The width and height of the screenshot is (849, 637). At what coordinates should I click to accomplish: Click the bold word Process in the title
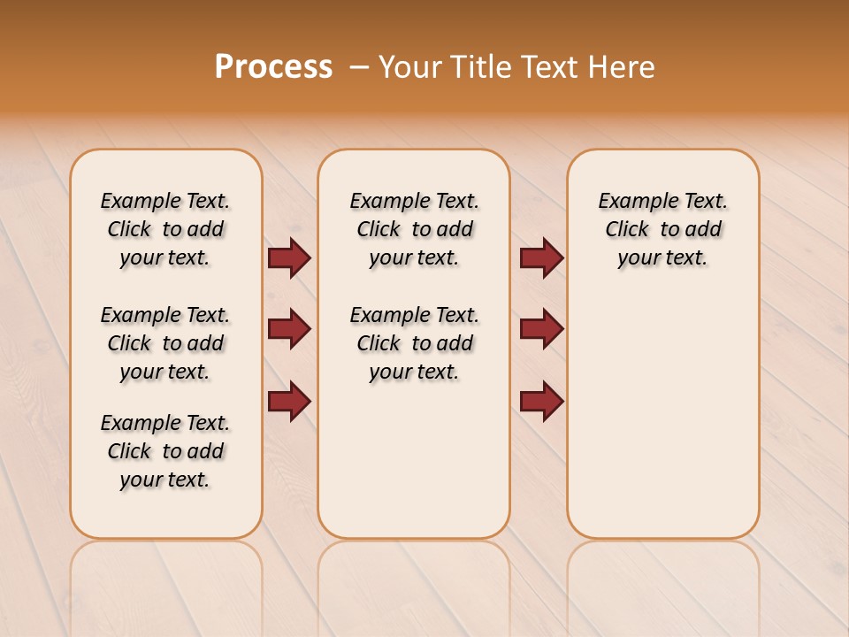(x=273, y=67)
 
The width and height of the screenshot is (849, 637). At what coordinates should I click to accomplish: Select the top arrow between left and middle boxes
(x=289, y=257)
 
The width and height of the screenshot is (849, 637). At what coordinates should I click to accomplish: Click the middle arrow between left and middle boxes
(x=289, y=329)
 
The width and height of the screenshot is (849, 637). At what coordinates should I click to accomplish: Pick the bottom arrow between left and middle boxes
(x=289, y=402)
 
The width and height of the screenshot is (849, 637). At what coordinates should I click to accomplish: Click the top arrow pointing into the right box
(x=541, y=257)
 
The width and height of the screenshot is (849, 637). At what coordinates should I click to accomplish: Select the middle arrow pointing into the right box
(x=541, y=329)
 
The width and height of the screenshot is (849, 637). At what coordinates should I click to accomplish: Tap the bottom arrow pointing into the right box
(x=541, y=402)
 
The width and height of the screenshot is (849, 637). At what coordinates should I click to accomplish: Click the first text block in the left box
(x=165, y=229)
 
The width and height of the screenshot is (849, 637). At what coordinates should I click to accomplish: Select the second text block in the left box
(x=165, y=343)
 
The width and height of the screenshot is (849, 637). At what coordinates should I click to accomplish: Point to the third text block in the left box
(x=165, y=451)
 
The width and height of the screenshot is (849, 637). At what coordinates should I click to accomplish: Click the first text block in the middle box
(x=414, y=229)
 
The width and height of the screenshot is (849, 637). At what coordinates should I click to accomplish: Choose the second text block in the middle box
(x=414, y=343)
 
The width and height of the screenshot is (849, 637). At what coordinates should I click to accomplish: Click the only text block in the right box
(x=662, y=229)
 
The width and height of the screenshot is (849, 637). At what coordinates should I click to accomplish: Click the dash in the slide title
(x=359, y=67)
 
